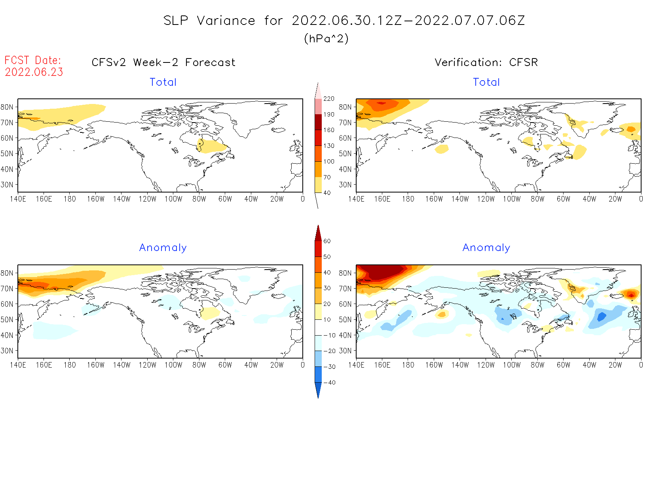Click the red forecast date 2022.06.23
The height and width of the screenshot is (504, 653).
pyautogui.click(x=34, y=72)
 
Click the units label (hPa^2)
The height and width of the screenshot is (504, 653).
pyautogui.click(x=326, y=38)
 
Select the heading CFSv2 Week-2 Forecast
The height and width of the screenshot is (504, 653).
pyautogui.click(x=163, y=62)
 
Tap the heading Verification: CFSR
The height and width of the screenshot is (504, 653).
pyautogui.click(x=486, y=62)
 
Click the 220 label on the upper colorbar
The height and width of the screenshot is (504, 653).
pyautogui.click(x=328, y=99)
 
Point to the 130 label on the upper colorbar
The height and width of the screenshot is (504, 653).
pyautogui.click(x=328, y=146)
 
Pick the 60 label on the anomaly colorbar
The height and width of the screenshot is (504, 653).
pyautogui.click(x=327, y=241)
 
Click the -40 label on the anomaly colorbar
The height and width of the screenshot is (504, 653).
pyautogui.click(x=329, y=383)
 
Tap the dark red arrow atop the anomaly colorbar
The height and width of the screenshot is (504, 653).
pyautogui.click(x=318, y=233)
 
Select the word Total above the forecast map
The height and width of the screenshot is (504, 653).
pyautogui.click(x=163, y=82)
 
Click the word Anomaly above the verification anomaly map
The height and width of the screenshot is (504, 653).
pyautogui.click(x=486, y=248)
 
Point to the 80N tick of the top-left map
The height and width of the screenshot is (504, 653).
pyautogui.click(x=7, y=107)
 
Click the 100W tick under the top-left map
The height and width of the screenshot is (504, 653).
pyautogui.click(x=173, y=199)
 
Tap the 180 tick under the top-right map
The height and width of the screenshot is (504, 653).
pyautogui.click(x=408, y=199)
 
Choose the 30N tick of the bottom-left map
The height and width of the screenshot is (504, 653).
pyautogui.click(x=7, y=351)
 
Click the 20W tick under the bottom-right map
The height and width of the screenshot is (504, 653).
pyautogui.click(x=615, y=365)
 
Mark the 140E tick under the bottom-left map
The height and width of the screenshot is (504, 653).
pyautogui.click(x=18, y=365)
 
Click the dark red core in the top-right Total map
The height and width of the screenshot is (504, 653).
pyautogui.click(x=381, y=103)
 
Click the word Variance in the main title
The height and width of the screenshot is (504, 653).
pyautogui.click(x=226, y=21)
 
